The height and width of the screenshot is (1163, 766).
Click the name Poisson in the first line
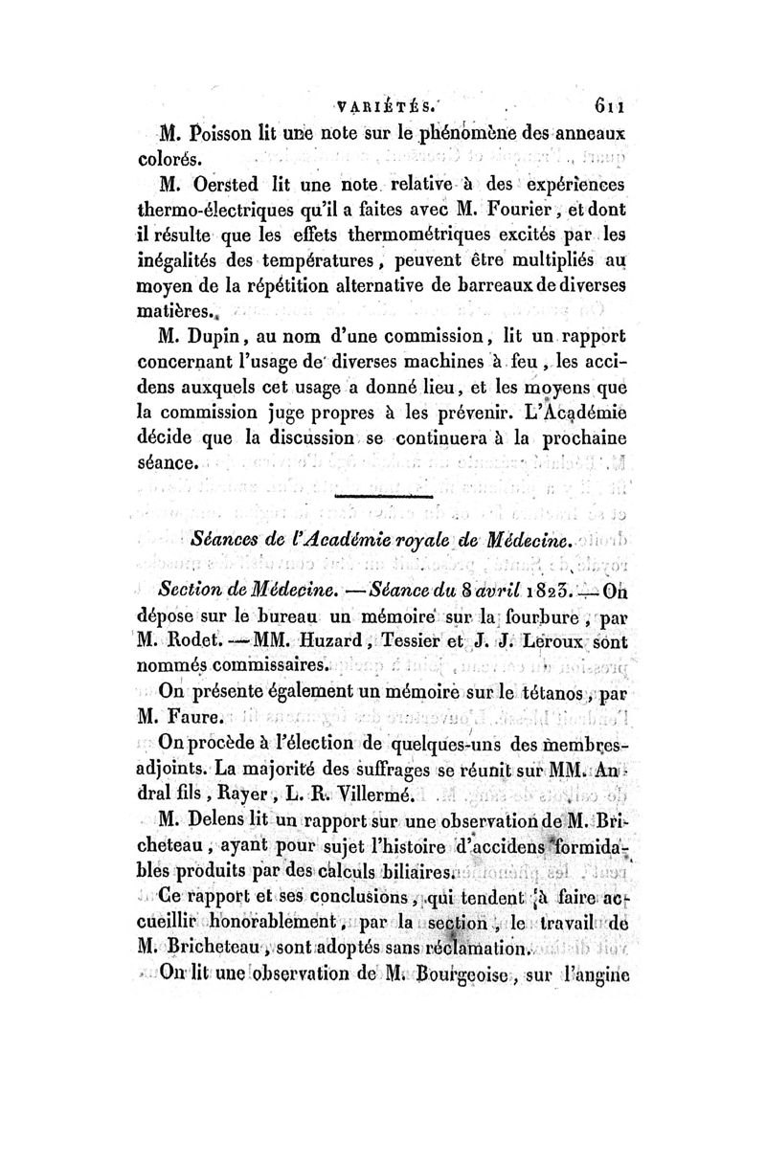pos(218,134)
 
